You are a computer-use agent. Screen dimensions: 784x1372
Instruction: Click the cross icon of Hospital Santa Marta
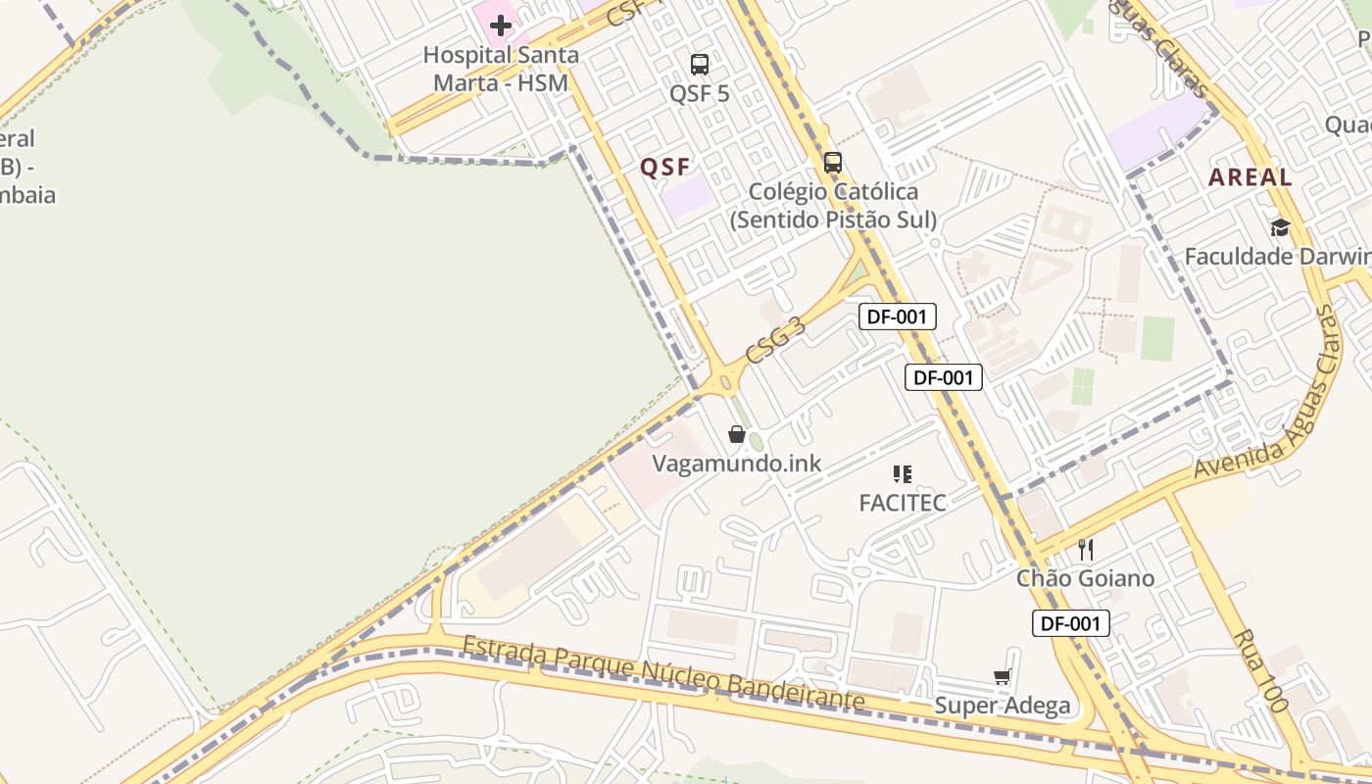(x=501, y=25)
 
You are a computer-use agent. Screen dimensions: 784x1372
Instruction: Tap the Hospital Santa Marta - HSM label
(x=501, y=69)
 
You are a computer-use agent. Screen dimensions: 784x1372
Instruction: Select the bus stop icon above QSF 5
(x=700, y=65)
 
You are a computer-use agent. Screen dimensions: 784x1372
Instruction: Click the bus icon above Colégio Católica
(x=833, y=163)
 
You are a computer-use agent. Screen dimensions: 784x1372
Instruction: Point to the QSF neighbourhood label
(x=665, y=168)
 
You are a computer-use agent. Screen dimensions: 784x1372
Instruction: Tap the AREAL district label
(x=1249, y=177)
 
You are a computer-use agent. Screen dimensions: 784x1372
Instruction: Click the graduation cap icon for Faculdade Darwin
(x=1280, y=227)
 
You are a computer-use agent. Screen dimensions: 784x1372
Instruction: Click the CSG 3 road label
(x=775, y=339)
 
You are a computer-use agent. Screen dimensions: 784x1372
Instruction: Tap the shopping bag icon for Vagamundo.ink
(x=737, y=434)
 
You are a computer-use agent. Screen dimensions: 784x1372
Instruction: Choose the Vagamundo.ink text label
(x=737, y=464)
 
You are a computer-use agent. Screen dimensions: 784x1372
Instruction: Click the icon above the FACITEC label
(x=903, y=474)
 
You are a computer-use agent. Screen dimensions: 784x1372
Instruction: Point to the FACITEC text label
(x=903, y=503)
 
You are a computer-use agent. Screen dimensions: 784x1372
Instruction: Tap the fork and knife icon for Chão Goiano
(x=1085, y=549)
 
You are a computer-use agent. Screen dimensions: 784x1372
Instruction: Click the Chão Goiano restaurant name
(x=1085, y=578)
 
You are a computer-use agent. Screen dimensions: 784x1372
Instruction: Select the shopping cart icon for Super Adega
(x=1002, y=676)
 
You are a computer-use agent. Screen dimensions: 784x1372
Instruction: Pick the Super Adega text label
(x=1002, y=706)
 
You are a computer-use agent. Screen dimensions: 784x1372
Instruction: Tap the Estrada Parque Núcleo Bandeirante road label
(x=664, y=674)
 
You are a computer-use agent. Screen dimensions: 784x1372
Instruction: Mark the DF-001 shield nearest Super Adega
(x=1070, y=623)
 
